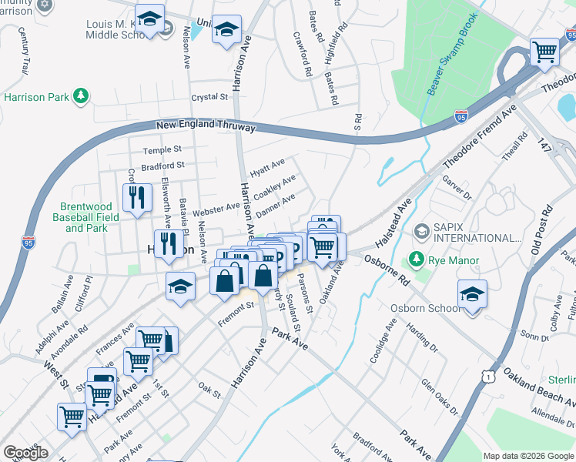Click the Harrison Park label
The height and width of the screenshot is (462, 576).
click(x=35, y=97)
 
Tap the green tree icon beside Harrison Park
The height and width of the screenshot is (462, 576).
click(x=79, y=96)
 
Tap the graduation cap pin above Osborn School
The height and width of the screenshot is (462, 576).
click(x=472, y=294)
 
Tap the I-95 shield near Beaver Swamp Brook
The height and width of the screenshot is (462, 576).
click(x=460, y=117)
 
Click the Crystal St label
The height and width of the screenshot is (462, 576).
click(x=210, y=98)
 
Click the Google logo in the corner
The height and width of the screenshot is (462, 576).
click(x=25, y=453)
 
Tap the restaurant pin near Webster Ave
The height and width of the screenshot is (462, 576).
click(x=137, y=198)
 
